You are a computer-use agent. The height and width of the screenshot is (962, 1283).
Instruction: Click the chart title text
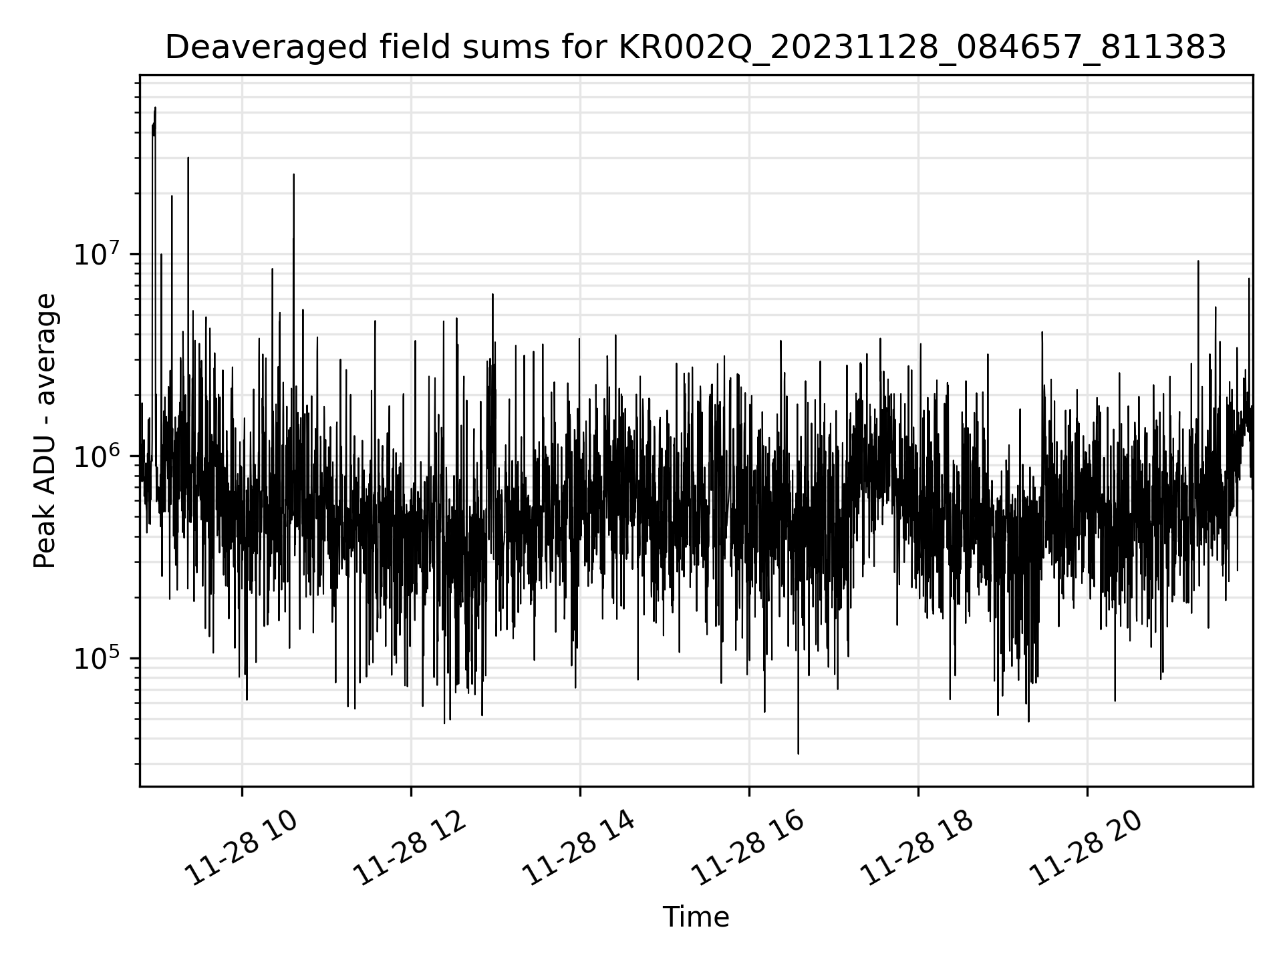pyautogui.click(x=695, y=48)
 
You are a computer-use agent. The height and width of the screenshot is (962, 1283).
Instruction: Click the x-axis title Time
pyautogui.click(x=695, y=917)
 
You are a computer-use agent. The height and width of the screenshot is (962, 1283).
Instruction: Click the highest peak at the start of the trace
pyautogui.click(x=155, y=108)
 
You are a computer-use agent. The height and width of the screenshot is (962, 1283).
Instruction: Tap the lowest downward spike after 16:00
pyautogui.click(x=798, y=754)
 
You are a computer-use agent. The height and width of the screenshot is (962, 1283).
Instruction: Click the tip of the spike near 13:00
pyautogui.click(x=492, y=294)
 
